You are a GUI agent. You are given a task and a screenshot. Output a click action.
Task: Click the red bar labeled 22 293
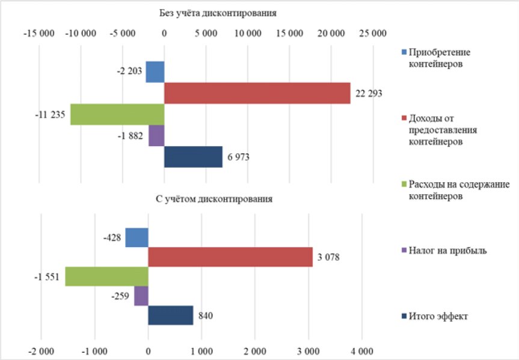(x=257, y=93)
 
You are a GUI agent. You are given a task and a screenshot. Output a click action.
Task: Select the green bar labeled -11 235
(x=117, y=114)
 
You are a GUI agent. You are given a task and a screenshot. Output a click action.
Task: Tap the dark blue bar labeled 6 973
(x=193, y=157)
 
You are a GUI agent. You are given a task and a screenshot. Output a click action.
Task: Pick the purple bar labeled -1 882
(x=156, y=136)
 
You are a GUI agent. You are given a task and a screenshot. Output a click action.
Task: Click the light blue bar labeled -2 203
(x=155, y=72)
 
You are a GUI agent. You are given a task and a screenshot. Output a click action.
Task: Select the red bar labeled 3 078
(x=230, y=257)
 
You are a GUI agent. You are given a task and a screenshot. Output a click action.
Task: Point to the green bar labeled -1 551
(x=106, y=276)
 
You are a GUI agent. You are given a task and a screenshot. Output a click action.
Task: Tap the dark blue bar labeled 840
(x=170, y=316)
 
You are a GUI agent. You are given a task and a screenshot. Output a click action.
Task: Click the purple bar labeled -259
(x=141, y=296)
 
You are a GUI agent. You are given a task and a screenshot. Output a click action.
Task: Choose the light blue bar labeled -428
(x=137, y=237)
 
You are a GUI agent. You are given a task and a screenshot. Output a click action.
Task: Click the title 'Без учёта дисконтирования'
(x=218, y=13)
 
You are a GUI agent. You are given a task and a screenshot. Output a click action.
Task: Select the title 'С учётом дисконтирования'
(x=214, y=199)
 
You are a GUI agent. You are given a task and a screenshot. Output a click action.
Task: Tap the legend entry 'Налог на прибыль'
(x=444, y=251)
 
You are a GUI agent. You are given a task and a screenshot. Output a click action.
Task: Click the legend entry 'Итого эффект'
(x=435, y=316)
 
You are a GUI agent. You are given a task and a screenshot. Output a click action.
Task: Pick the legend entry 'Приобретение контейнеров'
(x=436, y=58)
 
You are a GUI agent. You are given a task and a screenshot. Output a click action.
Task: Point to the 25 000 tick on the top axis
(x=373, y=34)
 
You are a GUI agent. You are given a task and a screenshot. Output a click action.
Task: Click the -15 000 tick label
(x=39, y=34)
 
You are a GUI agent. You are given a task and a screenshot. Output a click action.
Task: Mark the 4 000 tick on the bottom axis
(x=362, y=351)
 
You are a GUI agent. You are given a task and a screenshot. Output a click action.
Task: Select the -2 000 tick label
(x=41, y=351)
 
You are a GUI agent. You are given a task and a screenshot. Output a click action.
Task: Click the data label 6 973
(x=238, y=157)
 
